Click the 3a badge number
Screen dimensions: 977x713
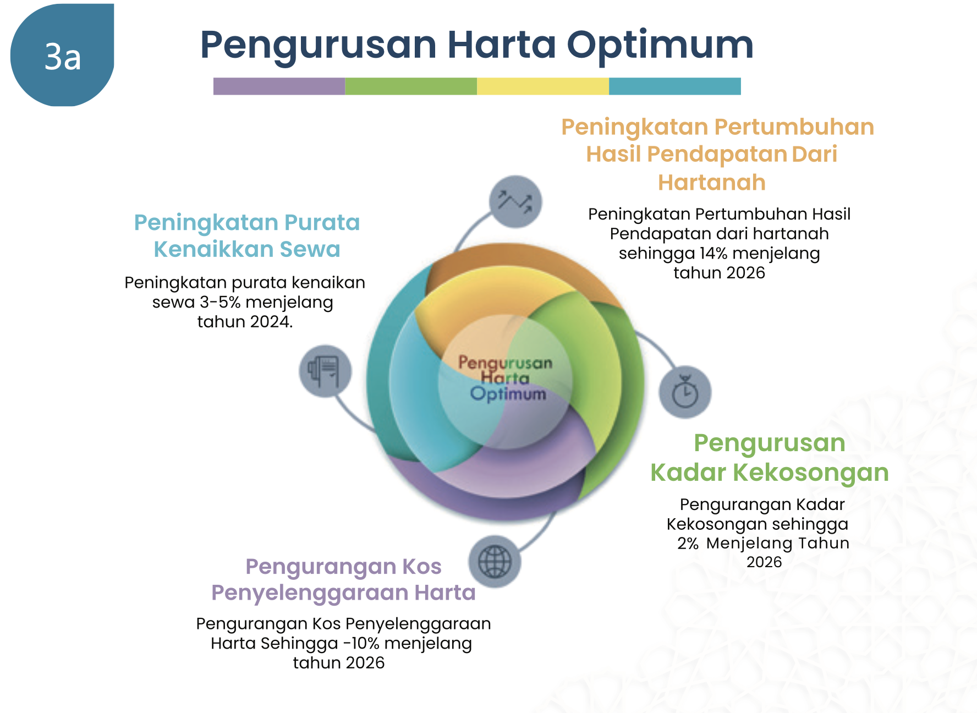pyautogui.click(x=63, y=57)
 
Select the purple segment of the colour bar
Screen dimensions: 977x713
pyautogui.click(x=279, y=86)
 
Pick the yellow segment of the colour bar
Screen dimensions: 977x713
pyautogui.click(x=543, y=86)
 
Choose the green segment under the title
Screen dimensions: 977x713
pyautogui.click(x=411, y=86)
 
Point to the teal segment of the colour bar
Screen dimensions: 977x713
pyautogui.click(x=675, y=86)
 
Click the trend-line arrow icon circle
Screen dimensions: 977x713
pyautogui.click(x=515, y=202)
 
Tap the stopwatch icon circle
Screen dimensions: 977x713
pyautogui.click(x=685, y=392)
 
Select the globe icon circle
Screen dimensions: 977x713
pyautogui.click(x=495, y=562)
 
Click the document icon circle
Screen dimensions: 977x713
pyautogui.click(x=325, y=371)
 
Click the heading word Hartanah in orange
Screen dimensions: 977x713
pyautogui.click(x=712, y=182)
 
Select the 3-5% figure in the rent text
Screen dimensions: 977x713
pyautogui.click(x=220, y=302)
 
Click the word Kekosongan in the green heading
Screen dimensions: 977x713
pyautogui.click(x=810, y=473)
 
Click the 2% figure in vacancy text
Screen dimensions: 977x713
pyautogui.click(x=688, y=544)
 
